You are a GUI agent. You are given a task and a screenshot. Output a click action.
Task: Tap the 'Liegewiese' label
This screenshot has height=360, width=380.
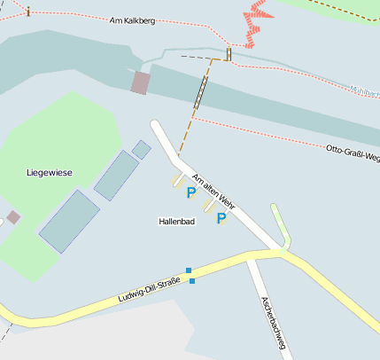click(x=49, y=173)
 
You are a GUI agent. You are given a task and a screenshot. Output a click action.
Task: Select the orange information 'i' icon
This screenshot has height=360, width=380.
click(x=28, y=11)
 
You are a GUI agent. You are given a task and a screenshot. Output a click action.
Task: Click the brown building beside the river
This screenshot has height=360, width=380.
click(x=140, y=82)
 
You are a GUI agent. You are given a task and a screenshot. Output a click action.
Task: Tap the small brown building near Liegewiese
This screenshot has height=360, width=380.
click(x=13, y=216)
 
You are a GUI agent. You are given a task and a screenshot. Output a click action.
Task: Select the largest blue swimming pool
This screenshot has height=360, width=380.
click(x=69, y=221)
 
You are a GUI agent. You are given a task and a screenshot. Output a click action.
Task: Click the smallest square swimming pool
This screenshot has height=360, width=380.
click(x=142, y=149)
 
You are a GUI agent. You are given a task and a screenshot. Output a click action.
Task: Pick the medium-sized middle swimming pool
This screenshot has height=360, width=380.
click(x=116, y=175)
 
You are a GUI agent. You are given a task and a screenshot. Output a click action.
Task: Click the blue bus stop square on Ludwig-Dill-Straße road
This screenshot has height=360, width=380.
click(x=192, y=281)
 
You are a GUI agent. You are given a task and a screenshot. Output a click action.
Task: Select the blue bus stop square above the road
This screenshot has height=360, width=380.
click(x=189, y=270)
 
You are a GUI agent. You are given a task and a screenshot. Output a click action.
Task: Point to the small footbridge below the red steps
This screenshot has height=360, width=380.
click(x=229, y=54)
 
